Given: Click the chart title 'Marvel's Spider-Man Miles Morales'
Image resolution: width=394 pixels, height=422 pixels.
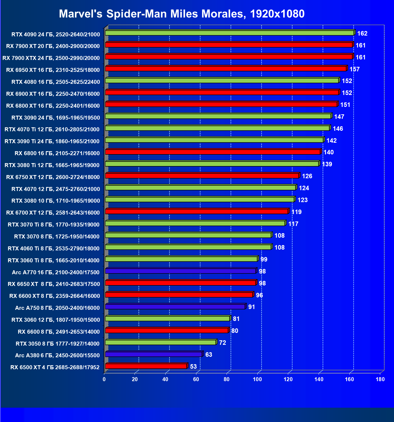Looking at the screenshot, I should point(181,14).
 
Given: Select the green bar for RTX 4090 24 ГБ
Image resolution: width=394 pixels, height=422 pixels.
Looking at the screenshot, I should point(230,33).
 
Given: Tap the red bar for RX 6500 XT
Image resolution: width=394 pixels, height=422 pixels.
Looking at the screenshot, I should point(146,366).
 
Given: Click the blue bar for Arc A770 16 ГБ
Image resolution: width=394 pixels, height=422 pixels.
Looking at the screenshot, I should point(180,271).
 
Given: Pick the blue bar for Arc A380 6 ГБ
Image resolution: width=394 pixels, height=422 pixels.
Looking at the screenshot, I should point(154,354).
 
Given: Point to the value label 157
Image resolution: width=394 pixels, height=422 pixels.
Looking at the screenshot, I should point(354,69).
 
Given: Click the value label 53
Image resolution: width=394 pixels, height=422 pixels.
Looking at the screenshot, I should point(193,367).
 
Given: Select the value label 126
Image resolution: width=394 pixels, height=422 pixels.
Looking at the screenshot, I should point(307,176).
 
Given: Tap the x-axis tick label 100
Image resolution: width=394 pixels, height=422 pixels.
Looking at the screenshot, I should point(257,379).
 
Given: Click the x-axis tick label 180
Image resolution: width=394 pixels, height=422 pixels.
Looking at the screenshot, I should point(380,379).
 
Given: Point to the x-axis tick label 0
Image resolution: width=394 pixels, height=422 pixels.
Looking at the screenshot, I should point(104,379).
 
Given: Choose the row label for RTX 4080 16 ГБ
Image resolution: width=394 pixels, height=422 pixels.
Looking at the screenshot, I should point(56,82).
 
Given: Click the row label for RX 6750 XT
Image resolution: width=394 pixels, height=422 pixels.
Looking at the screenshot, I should point(53,177).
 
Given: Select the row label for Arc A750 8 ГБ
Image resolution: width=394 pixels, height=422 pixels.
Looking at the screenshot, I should point(57,308).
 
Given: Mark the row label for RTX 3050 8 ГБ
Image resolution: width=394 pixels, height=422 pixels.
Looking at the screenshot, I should point(58,343).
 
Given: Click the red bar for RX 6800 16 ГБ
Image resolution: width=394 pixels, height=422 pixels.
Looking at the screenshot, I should point(213,152).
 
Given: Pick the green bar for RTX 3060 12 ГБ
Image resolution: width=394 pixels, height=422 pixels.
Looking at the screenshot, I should point(167,319).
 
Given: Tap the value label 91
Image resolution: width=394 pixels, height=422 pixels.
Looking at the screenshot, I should point(252,307).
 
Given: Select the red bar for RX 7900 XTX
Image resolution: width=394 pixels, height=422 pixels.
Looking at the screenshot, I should point(229,57).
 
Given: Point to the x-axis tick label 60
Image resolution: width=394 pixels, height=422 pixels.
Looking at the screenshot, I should point(196,379).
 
